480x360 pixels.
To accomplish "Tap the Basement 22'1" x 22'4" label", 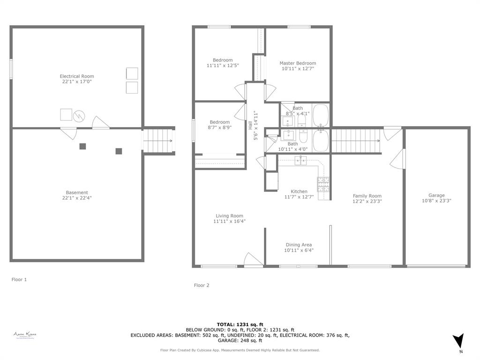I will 77,195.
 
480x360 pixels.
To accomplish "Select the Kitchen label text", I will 299,191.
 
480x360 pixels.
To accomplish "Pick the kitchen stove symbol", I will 323,184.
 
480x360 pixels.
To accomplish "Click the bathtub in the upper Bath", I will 321,115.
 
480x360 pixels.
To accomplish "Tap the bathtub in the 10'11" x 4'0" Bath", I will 321,141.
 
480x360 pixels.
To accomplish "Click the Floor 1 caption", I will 19,279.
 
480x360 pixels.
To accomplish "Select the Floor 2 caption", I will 202,285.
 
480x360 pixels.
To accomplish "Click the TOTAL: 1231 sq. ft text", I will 240,324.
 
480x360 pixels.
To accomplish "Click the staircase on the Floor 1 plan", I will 158,141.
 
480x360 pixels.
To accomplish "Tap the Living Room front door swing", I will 253,259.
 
